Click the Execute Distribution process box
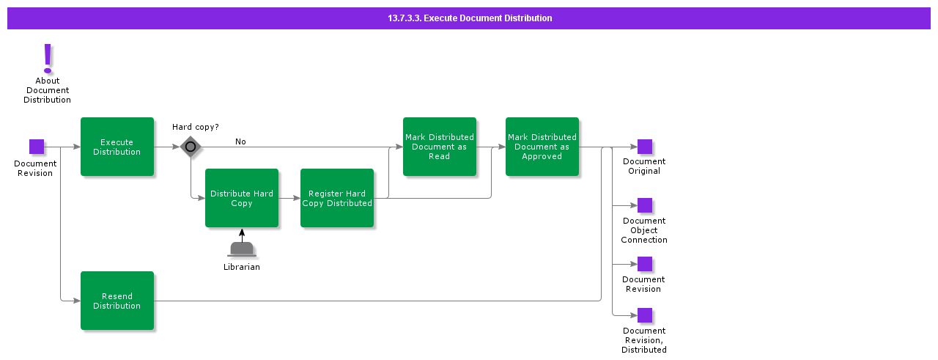(117, 147)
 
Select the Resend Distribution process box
(117, 301)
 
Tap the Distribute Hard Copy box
(242, 198)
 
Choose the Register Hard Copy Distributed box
(337, 198)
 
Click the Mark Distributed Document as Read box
(440, 147)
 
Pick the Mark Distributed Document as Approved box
(542, 147)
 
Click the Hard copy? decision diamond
(191, 147)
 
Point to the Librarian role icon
(242, 249)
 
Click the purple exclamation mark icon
(48, 57)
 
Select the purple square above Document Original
(645, 147)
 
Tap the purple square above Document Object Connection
(645, 205)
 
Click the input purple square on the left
(37, 147)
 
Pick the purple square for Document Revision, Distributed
(645, 315)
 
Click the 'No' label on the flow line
(240, 142)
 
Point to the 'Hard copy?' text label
(196, 127)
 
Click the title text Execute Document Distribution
(470, 18)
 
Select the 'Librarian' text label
(242, 267)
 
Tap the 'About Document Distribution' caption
(48, 90)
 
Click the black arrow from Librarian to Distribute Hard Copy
(242, 235)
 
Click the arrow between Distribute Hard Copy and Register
(289, 198)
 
